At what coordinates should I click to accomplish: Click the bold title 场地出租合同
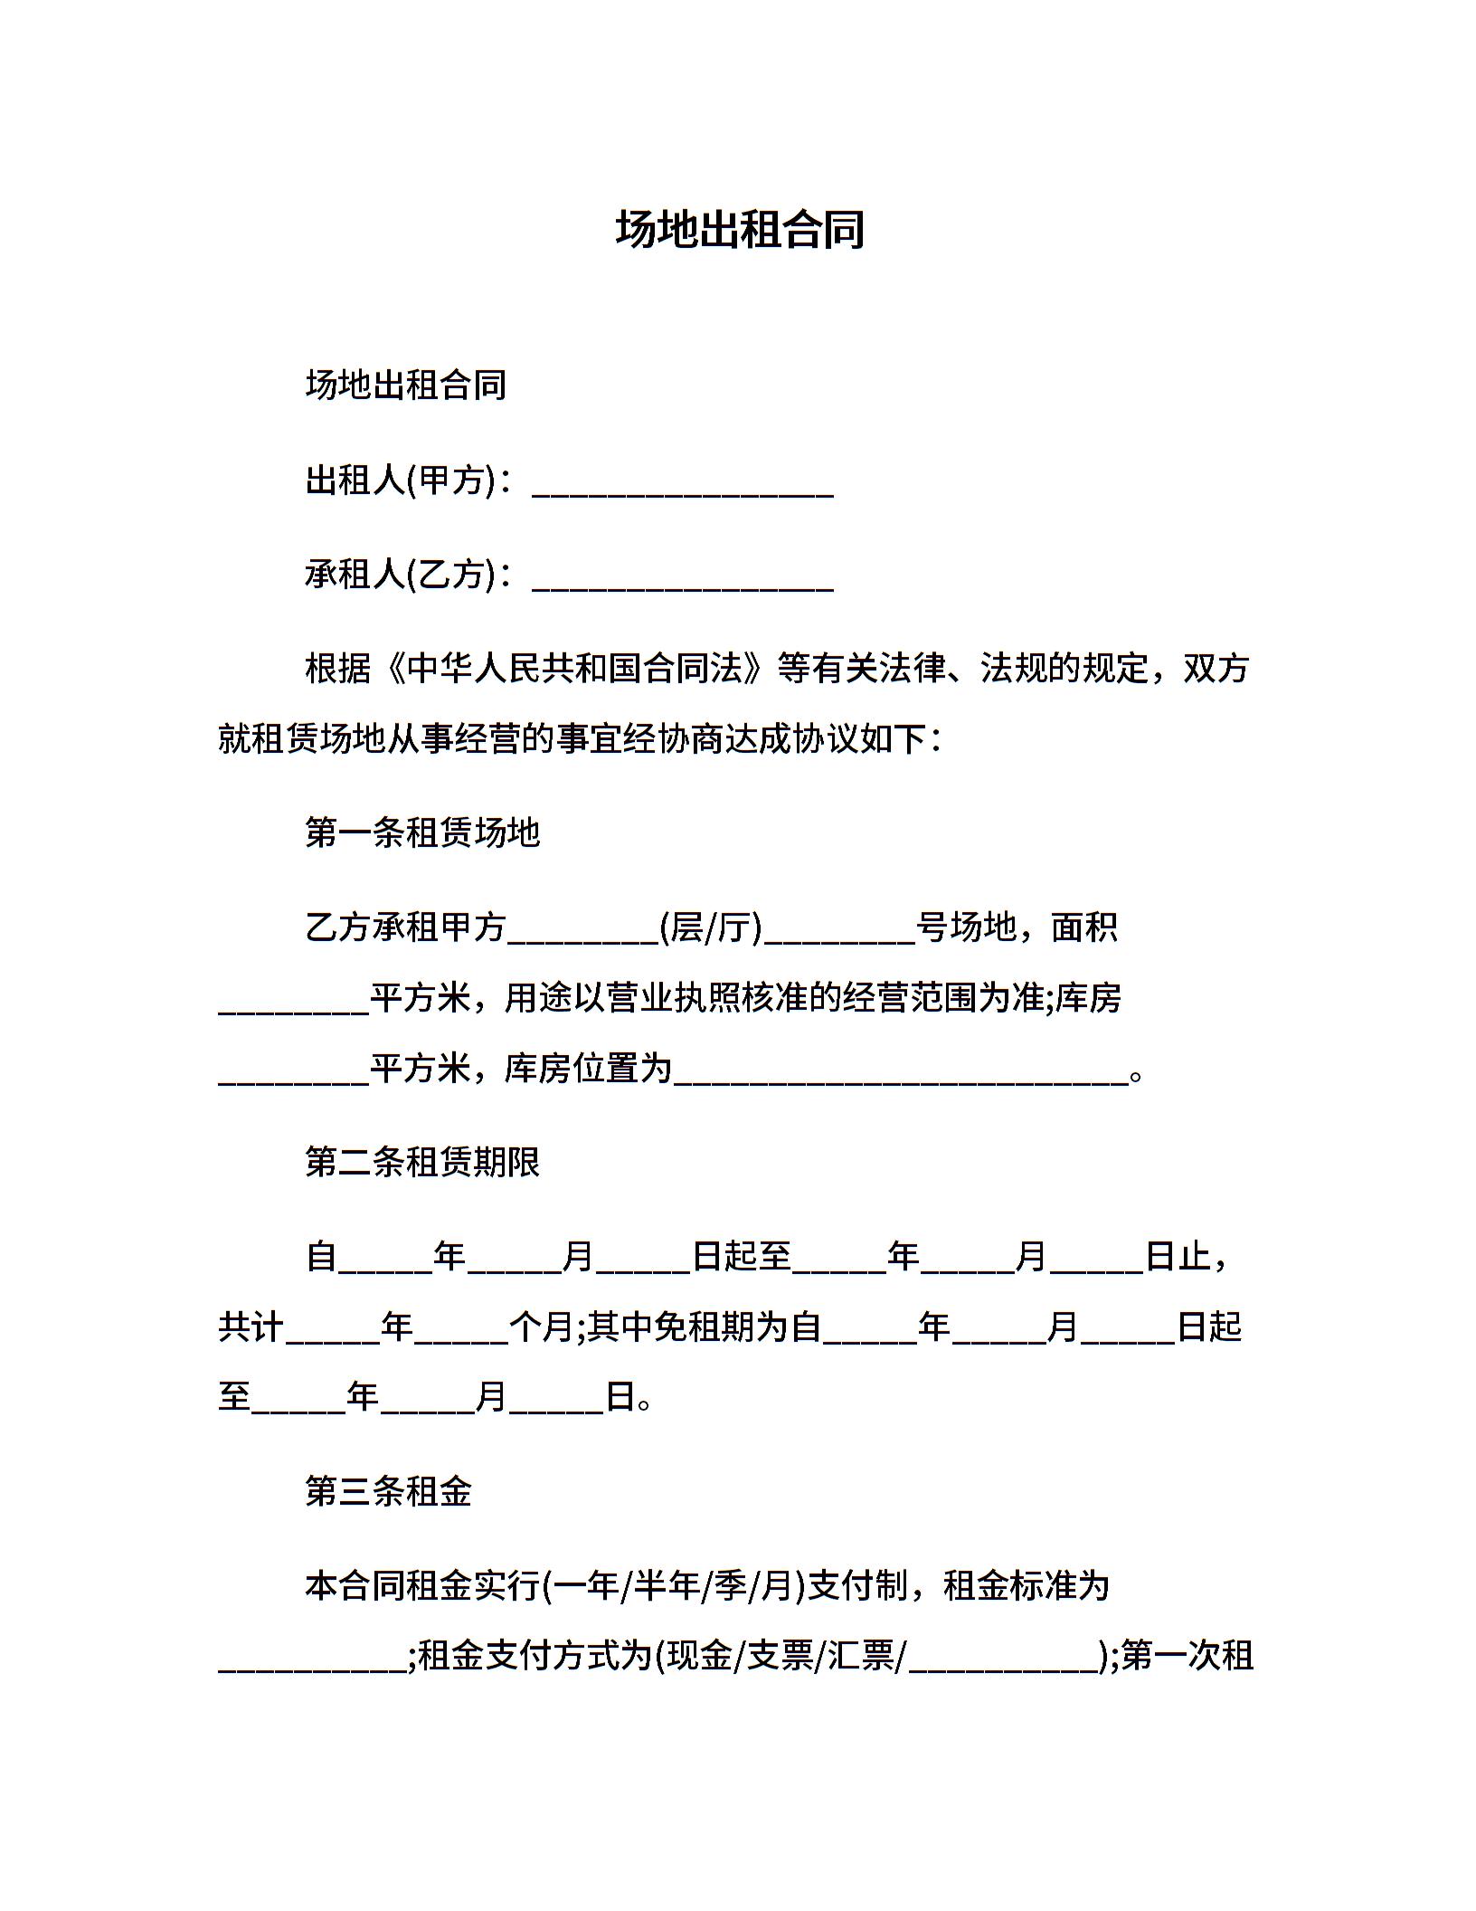point(740,229)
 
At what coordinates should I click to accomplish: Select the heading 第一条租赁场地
point(422,832)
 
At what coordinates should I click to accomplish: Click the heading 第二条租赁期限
point(422,1162)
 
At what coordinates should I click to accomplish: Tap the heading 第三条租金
point(389,1491)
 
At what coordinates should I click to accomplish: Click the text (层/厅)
point(712,927)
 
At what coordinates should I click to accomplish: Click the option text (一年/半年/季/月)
point(674,1586)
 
